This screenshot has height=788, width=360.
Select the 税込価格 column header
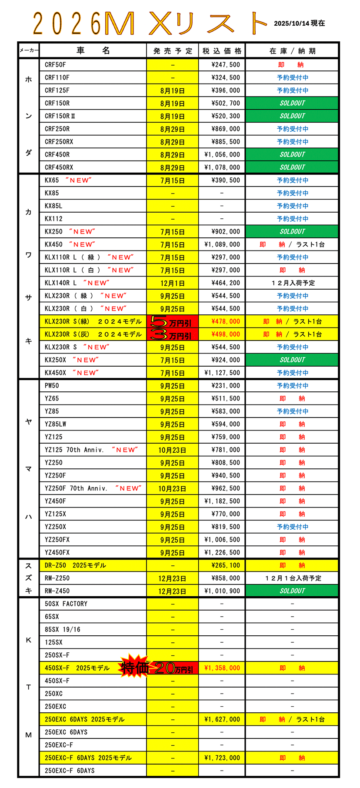(222, 51)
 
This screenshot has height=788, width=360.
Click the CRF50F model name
(55, 65)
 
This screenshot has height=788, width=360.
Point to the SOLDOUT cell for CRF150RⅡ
(292, 116)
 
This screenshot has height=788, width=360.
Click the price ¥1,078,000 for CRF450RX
(222, 167)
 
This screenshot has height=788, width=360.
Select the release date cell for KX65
(172, 180)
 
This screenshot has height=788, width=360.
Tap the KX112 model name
(53, 219)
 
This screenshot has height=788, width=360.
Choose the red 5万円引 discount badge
(172, 322)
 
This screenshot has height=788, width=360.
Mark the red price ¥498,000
(225, 334)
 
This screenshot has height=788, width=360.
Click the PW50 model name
(52, 386)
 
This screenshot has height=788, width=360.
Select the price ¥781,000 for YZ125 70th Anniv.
(225, 450)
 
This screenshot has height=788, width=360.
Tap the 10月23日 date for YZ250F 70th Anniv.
(172, 488)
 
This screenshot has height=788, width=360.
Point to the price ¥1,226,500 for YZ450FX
(222, 552)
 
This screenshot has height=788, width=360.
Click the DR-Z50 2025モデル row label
(75, 565)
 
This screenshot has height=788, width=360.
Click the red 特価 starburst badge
(134, 667)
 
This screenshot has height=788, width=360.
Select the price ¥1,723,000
(222, 758)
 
